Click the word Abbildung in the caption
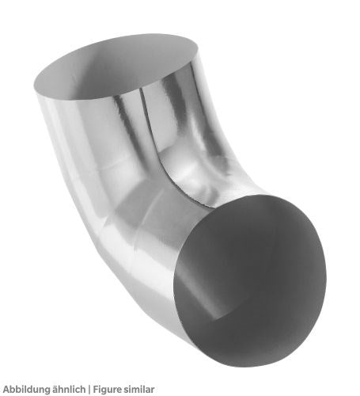(x=27, y=390)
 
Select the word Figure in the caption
(x=107, y=390)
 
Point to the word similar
(x=138, y=389)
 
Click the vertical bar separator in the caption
(x=89, y=390)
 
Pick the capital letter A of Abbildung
(x=6, y=390)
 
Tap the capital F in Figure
(x=97, y=390)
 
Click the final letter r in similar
(x=152, y=390)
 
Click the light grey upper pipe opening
(x=116, y=66)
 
